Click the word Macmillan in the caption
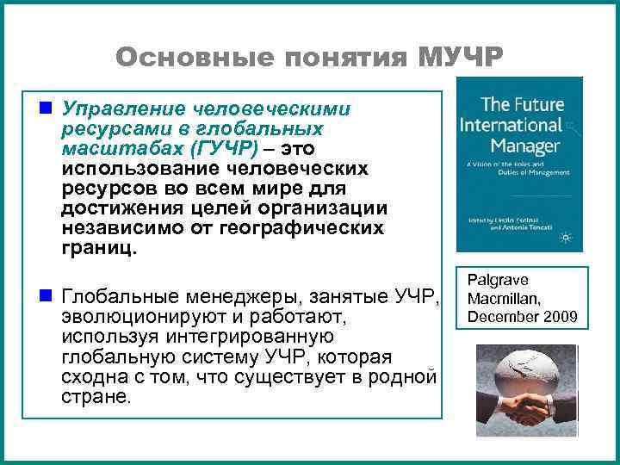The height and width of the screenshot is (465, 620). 504,298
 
